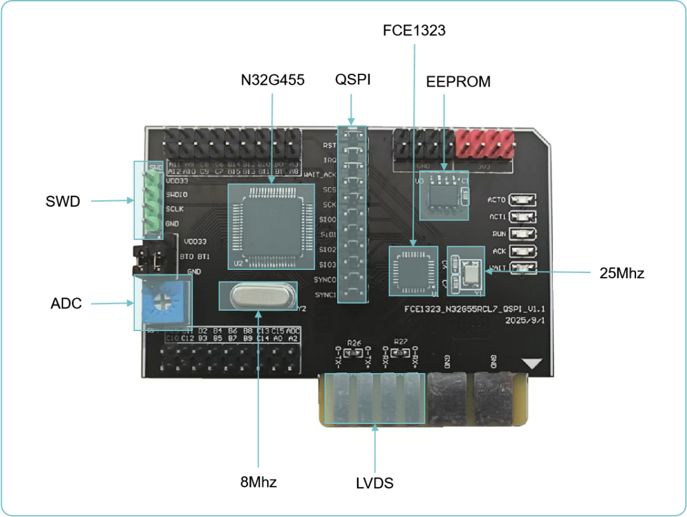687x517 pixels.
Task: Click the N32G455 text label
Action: click(272, 80)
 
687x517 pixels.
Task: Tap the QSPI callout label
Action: click(352, 80)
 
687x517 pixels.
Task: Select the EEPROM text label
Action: click(458, 81)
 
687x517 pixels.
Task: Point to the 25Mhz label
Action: click(621, 273)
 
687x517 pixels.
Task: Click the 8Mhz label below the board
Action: click(258, 481)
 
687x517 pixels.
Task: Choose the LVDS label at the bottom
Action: click(374, 483)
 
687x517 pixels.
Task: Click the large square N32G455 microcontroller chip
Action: click(272, 225)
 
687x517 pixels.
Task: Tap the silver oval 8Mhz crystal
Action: click(258, 295)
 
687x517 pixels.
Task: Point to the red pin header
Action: click(485, 144)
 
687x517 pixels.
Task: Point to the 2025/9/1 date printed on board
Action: click(524, 321)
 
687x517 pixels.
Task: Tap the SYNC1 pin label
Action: click(325, 295)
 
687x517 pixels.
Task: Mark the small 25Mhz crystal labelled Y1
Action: click(473, 272)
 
